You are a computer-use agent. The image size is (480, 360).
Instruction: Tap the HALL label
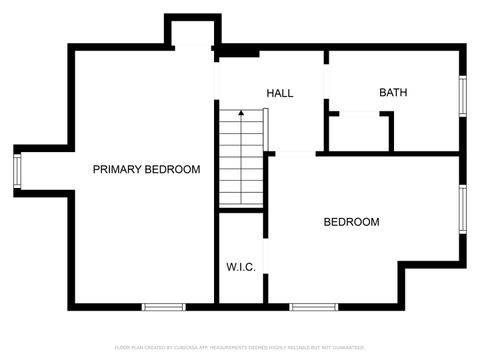(279, 93)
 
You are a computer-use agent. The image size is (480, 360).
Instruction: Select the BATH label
(392, 93)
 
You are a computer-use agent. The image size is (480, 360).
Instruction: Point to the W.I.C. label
(240, 267)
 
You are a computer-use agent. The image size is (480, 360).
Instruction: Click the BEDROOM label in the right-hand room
(351, 222)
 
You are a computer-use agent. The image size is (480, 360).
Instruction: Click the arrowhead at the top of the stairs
(241, 115)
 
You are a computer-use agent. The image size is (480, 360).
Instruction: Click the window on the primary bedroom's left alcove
(18, 170)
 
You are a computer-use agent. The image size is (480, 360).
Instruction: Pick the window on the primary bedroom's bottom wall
(164, 306)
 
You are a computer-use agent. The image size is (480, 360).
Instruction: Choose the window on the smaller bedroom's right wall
(462, 208)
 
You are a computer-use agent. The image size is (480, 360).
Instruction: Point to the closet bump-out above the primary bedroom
(192, 33)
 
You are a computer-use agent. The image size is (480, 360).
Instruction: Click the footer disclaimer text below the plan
(240, 347)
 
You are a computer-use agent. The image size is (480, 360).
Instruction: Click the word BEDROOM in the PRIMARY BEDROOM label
(172, 170)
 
